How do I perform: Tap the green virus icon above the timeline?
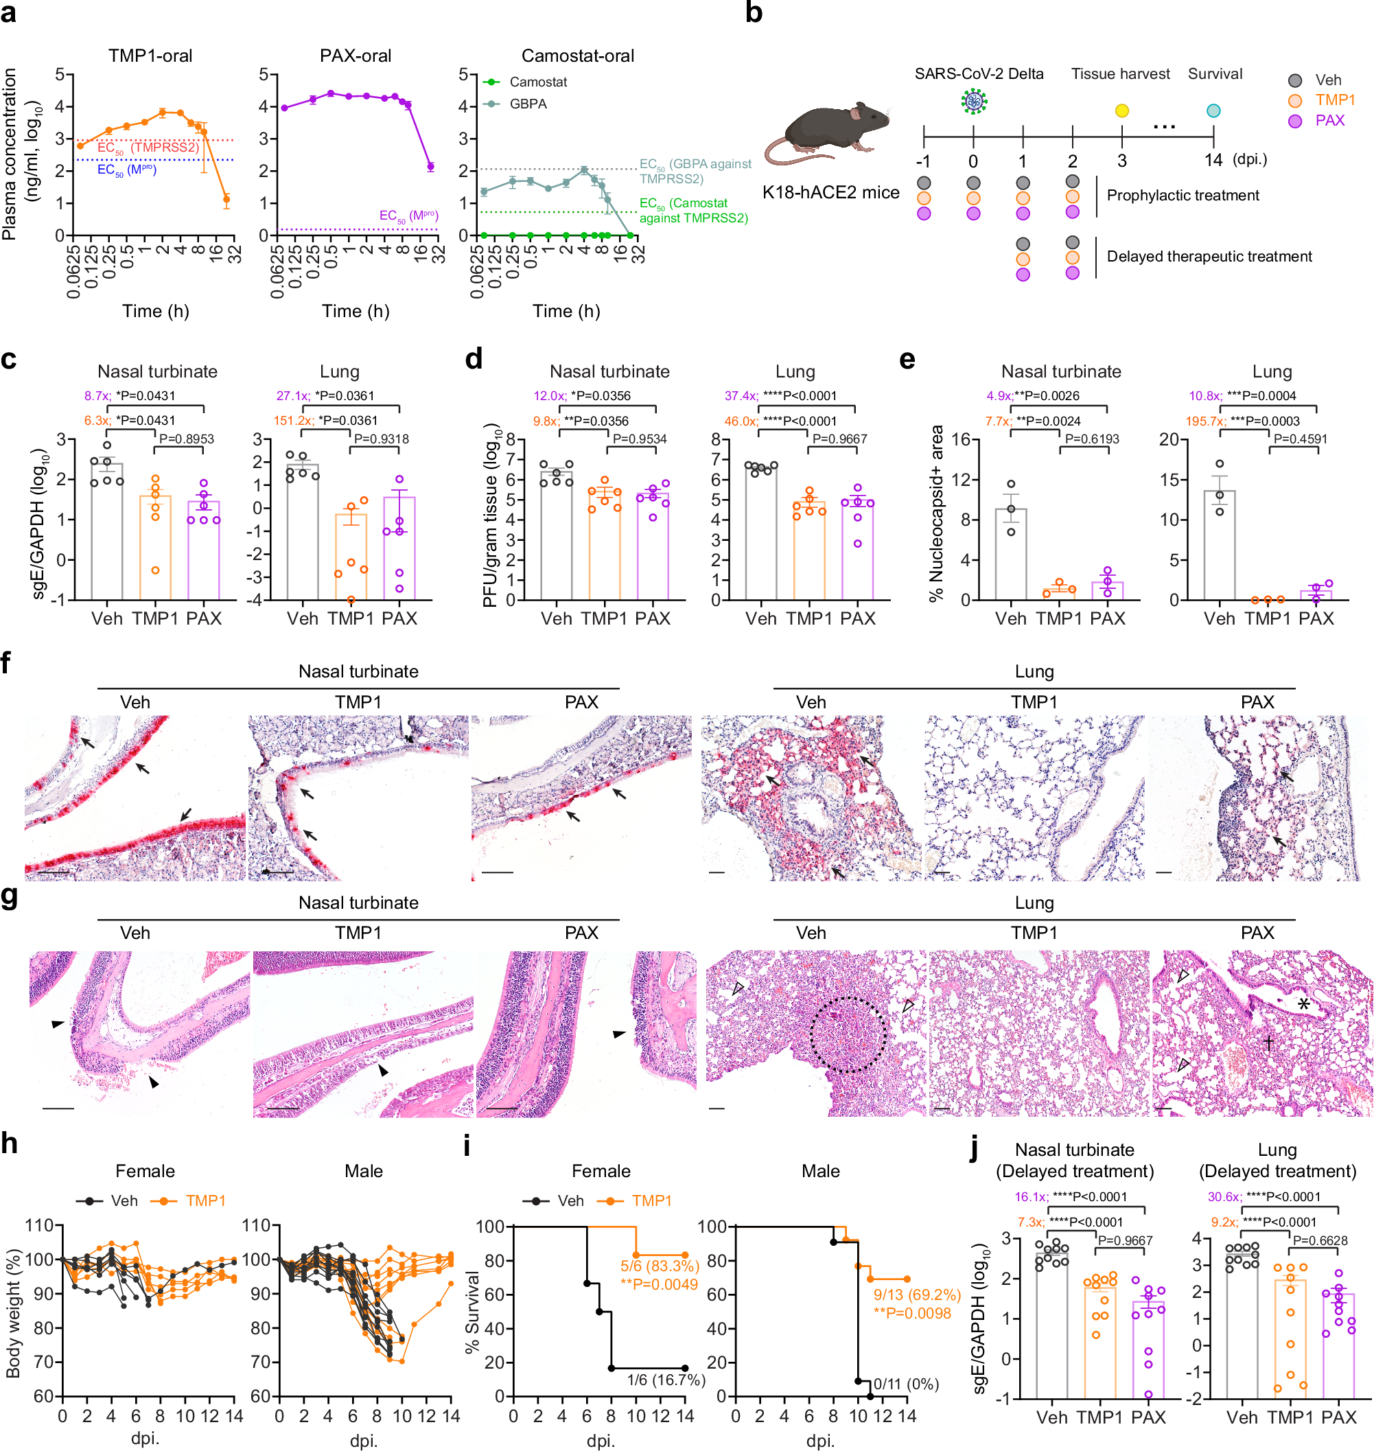click(x=973, y=101)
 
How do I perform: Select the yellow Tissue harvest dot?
click(x=1121, y=111)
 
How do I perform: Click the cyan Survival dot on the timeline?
click(x=1213, y=111)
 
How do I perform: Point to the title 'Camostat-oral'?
click(x=577, y=56)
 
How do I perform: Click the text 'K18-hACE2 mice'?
click(x=830, y=193)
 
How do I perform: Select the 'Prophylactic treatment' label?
click(x=1182, y=196)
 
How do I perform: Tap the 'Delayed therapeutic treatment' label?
click(x=1209, y=256)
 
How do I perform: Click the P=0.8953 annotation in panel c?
click(x=187, y=439)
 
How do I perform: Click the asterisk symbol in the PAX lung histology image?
click(x=1304, y=1004)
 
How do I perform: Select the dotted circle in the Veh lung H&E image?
click(x=848, y=1034)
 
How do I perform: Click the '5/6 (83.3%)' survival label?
click(x=659, y=1266)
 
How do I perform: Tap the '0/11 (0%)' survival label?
click(x=905, y=1384)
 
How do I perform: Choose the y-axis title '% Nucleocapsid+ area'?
click(x=936, y=513)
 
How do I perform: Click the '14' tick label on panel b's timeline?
click(x=1213, y=161)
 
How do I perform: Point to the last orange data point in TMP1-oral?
click(x=226, y=199)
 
